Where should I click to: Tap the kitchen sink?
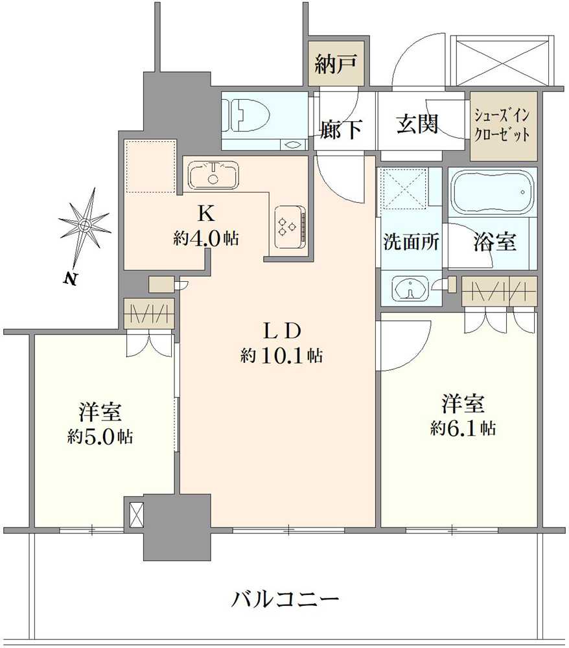(213, 174)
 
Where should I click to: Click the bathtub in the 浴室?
(493, 192)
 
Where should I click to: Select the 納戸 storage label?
(334, 65)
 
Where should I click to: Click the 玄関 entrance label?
(417, 123)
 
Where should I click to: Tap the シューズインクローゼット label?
(503, 126)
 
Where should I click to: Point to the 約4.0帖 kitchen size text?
(205, 238)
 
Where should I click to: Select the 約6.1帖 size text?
(463, 428)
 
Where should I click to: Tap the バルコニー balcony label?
(285, 599)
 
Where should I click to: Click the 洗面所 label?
(411, 242)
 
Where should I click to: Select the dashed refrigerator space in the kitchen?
(151, 166)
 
